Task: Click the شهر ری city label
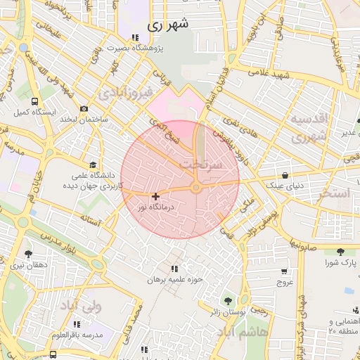(168, 25)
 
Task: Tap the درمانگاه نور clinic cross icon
(155, 196)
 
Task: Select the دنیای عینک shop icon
(285, 175)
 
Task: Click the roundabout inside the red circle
(196, 188)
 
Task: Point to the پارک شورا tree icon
(340, 251)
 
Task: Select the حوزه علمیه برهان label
(174, 279)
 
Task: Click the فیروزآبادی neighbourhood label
(124, 94)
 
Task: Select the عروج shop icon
(284, 271)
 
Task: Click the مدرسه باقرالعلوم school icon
(77, 324)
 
